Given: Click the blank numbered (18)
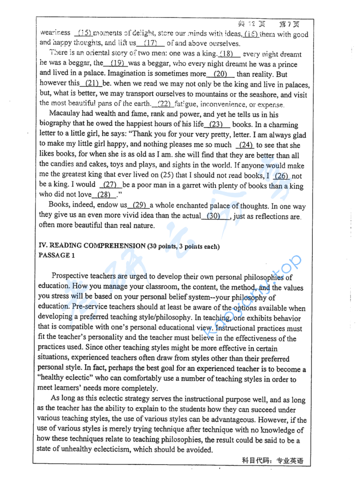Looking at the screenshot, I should click(x=230, y=54).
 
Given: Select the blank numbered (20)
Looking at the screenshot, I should click(x=220, y=74).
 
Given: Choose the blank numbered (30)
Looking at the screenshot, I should click(x=214, y=215).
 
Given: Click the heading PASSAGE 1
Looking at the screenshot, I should click(x=57, y=255).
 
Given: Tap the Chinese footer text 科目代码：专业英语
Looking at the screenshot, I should click(x=272, y=461).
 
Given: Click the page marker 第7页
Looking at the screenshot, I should click(x=289, y=24).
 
